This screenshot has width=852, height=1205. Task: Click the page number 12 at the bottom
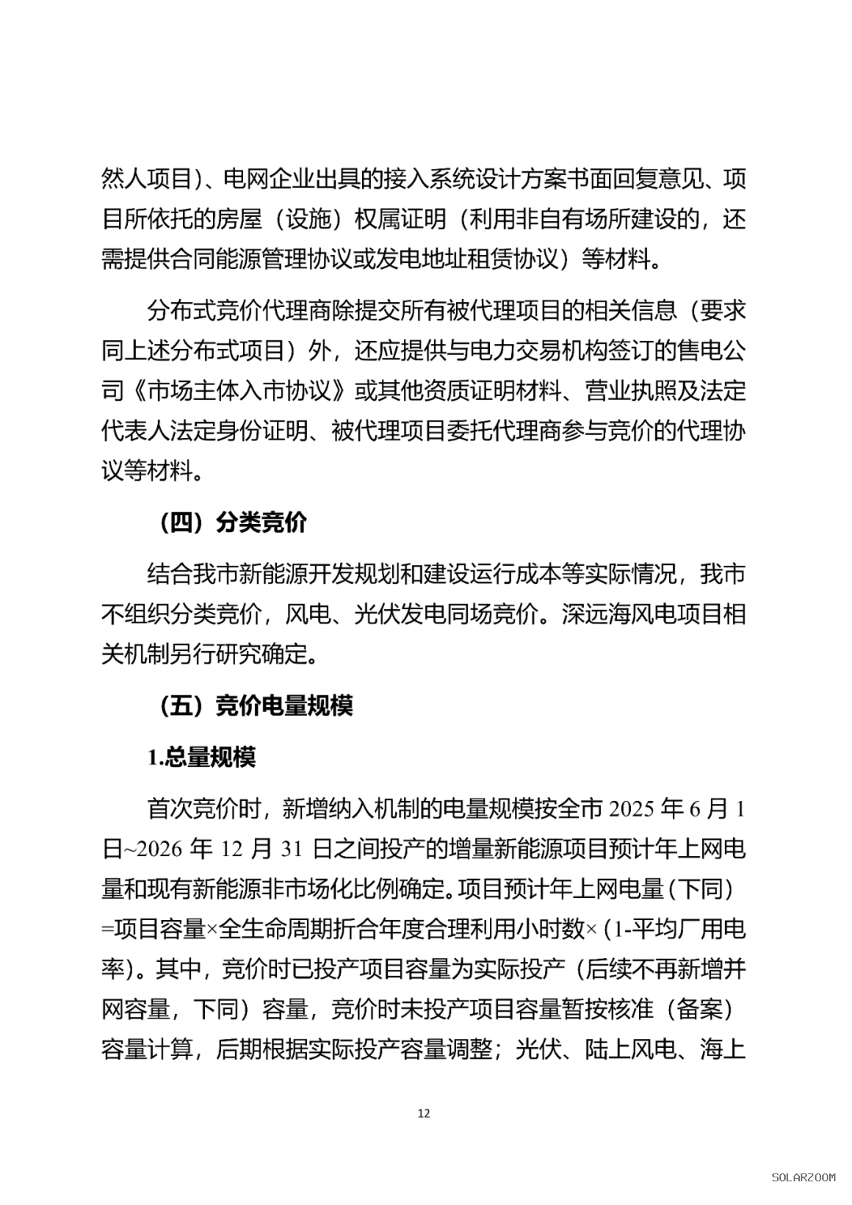424,1113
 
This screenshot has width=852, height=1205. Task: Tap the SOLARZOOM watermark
802,1177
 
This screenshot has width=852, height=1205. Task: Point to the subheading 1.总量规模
201,757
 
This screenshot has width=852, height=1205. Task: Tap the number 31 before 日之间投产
291,848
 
